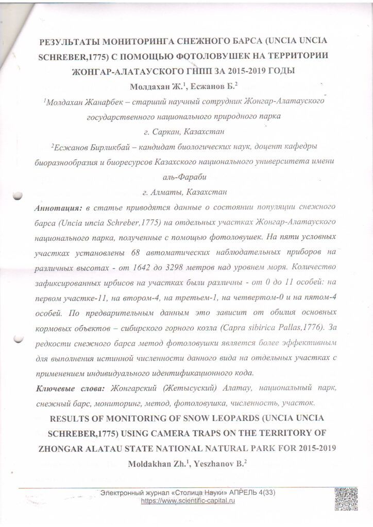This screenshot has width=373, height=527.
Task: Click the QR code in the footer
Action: click(x=346, y=499)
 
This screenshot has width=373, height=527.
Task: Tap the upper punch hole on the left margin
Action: click(x=18, y=196)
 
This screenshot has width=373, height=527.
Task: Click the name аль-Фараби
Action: click(x=186, y=178)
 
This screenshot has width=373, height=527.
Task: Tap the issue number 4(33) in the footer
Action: click(x=266, y=493)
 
